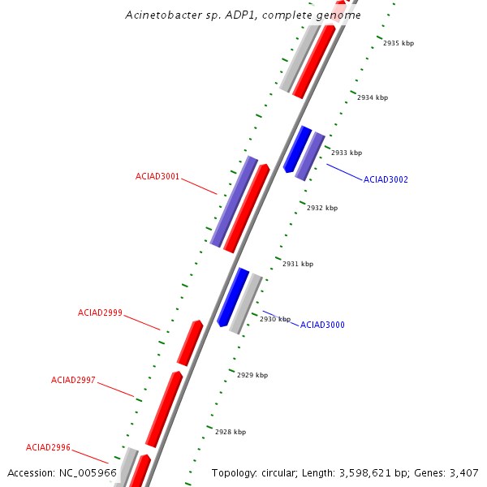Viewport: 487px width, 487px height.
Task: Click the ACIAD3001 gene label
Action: click(x=157, y=176)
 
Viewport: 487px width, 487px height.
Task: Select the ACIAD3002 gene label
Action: click(x=386, y=179)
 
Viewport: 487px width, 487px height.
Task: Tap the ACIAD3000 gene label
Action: click(x=322, y=325)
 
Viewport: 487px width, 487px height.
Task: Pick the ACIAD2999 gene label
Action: click(x=100, y=312)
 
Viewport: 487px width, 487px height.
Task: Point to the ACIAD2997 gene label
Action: click(x=73, y=380)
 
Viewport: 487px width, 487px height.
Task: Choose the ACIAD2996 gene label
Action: click(x=48, y=447)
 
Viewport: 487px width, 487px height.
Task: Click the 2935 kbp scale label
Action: click(x=399, y=43)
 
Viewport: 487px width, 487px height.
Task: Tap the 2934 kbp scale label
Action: click(x=373, y=97)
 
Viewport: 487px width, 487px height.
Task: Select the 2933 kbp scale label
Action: click(x=347, y=153)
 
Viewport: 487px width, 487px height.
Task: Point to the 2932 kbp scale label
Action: click(x=322, y=208)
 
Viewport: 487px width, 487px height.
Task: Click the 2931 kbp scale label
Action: click(x=298, y=264)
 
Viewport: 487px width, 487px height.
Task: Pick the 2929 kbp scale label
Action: click(x=252, y=375)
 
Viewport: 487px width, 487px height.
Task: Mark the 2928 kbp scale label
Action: click(x=231, y=432)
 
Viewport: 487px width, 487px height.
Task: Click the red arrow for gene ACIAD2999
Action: click(x=190, y=343)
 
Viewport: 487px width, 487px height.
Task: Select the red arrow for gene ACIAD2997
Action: click(x=164, y=408)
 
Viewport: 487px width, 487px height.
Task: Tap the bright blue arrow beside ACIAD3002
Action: click(x=297, y=149)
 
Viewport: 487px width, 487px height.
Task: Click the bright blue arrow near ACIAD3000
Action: click(x=233, y=296)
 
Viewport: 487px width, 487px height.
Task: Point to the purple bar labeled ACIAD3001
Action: click(x=234, y=200)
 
